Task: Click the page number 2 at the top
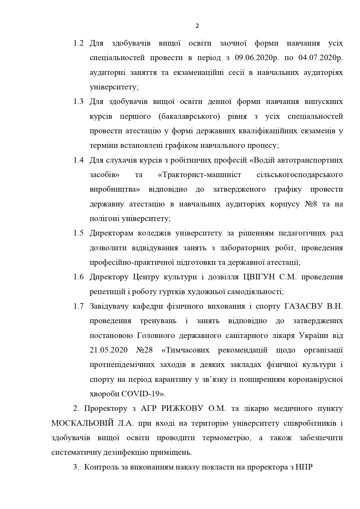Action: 197,26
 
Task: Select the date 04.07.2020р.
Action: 320,58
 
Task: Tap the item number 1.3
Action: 78,102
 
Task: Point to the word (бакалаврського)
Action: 191,116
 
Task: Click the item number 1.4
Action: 78,160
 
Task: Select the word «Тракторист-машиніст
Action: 200,175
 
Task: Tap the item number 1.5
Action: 78,233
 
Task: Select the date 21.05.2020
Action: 109,350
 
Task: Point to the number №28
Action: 144,350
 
